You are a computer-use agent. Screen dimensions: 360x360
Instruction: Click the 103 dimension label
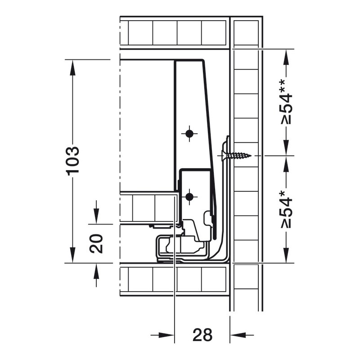[73, 161]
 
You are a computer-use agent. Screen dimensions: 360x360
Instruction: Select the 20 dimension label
[96, 243]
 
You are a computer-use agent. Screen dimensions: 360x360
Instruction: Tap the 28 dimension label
[202, 335]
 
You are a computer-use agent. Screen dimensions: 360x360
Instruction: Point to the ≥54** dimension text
[286, 102]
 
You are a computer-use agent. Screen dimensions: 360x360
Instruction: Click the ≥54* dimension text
[286, 209]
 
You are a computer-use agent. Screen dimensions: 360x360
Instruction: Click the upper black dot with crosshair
[189, 133]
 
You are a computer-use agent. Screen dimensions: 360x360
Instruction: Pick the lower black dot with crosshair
[189, 197]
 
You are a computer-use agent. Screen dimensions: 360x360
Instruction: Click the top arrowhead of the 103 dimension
[73, 67]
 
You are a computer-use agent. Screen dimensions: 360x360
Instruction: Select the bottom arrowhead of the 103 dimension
[73, 255]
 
